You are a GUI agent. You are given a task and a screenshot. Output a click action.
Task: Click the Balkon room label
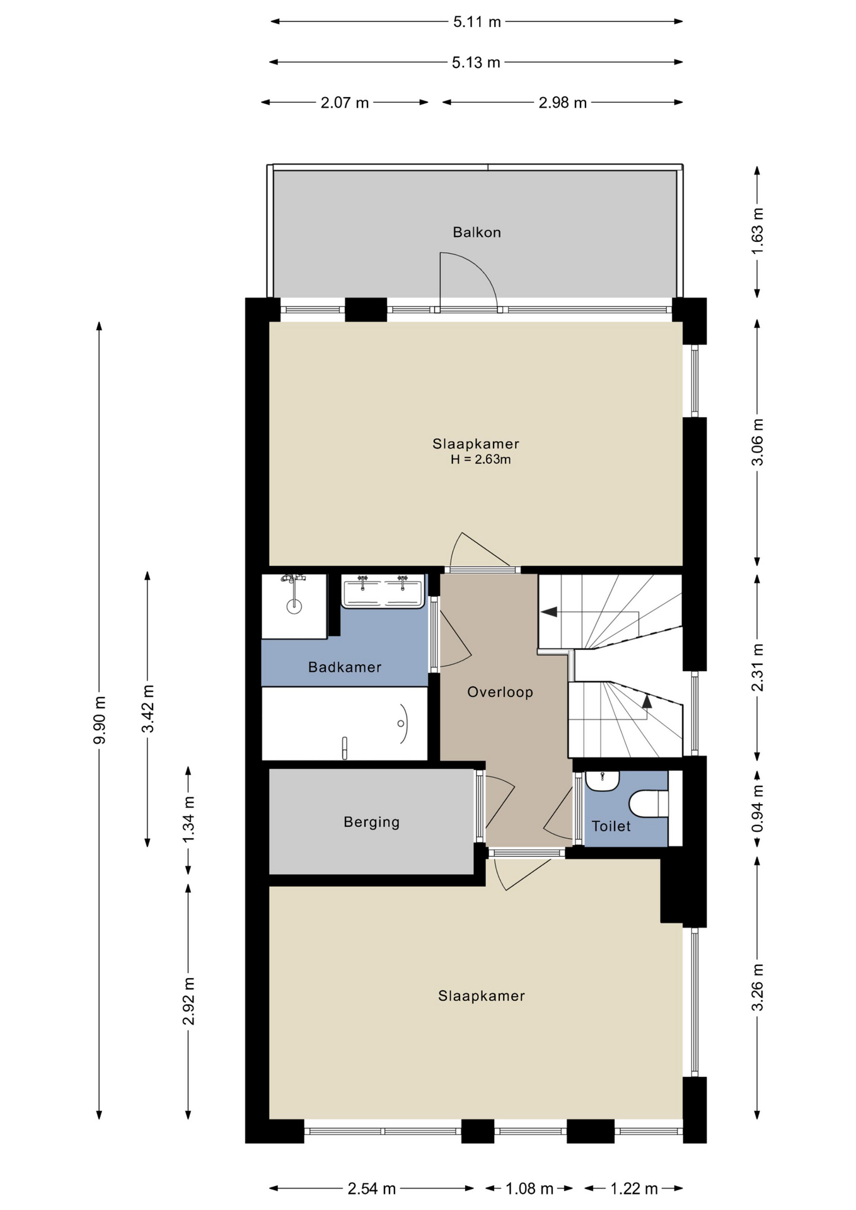point(477,233)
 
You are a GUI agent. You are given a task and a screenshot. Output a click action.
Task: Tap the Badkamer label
point(345,667)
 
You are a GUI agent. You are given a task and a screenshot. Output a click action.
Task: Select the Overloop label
point(500,692)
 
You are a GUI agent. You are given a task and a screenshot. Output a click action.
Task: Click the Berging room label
point(371,822)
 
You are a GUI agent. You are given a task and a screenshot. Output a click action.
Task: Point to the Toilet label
point(611,826)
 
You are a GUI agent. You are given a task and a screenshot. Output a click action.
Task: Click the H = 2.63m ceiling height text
point(480,459)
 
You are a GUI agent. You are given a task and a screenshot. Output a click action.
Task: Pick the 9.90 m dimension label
point(99,720)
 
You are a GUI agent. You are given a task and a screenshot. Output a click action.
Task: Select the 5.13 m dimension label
point(476,62)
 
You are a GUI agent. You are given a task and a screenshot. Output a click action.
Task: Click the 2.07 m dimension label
point(345,103)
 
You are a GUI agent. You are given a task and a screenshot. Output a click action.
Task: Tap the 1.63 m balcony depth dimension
point(757,231)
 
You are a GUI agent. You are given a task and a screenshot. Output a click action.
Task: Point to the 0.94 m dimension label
point(757,808)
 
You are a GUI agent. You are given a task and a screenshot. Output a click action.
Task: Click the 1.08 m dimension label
point(529,1189)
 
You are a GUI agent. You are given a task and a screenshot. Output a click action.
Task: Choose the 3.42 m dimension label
point(147,709)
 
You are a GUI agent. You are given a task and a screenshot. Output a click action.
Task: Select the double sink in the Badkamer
point(382,591)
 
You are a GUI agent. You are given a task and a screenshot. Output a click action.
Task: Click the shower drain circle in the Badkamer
point(294,606)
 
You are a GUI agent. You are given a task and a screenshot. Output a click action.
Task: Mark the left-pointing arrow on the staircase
point(548,611)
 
